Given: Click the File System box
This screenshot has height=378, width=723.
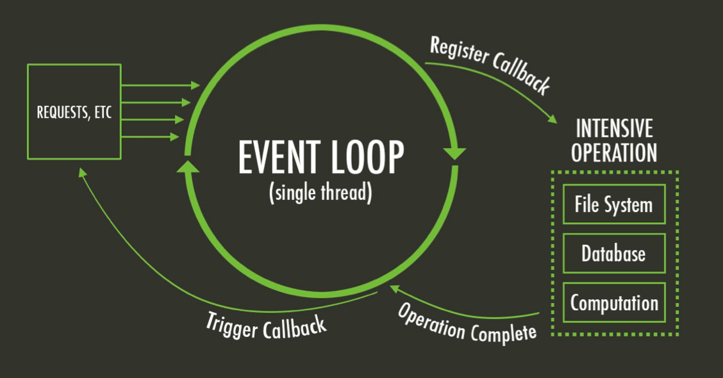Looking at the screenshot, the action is [614, 204].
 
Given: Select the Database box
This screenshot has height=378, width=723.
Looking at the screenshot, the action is [614, 253].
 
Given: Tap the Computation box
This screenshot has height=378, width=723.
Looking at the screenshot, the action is [614, 302].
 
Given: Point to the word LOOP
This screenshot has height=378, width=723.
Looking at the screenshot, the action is [367, 158].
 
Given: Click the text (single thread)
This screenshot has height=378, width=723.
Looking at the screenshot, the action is [320, 193].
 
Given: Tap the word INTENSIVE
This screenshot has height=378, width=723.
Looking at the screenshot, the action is [614, 129].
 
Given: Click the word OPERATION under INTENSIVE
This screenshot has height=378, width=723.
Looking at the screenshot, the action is [614, 152].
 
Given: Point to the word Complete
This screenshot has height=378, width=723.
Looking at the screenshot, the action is [504, 333].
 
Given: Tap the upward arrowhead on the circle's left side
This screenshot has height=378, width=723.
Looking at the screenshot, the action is [188, 167].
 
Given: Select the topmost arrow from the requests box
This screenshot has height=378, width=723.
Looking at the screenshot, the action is [160, 85].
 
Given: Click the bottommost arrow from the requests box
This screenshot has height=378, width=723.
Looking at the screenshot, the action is [150, 136].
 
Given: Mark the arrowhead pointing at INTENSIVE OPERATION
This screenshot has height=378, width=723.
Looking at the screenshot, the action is [553, 119].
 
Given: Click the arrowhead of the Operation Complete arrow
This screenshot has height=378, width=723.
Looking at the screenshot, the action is [395, 290].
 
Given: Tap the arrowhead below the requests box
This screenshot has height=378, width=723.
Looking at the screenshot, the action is [83, 172].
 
